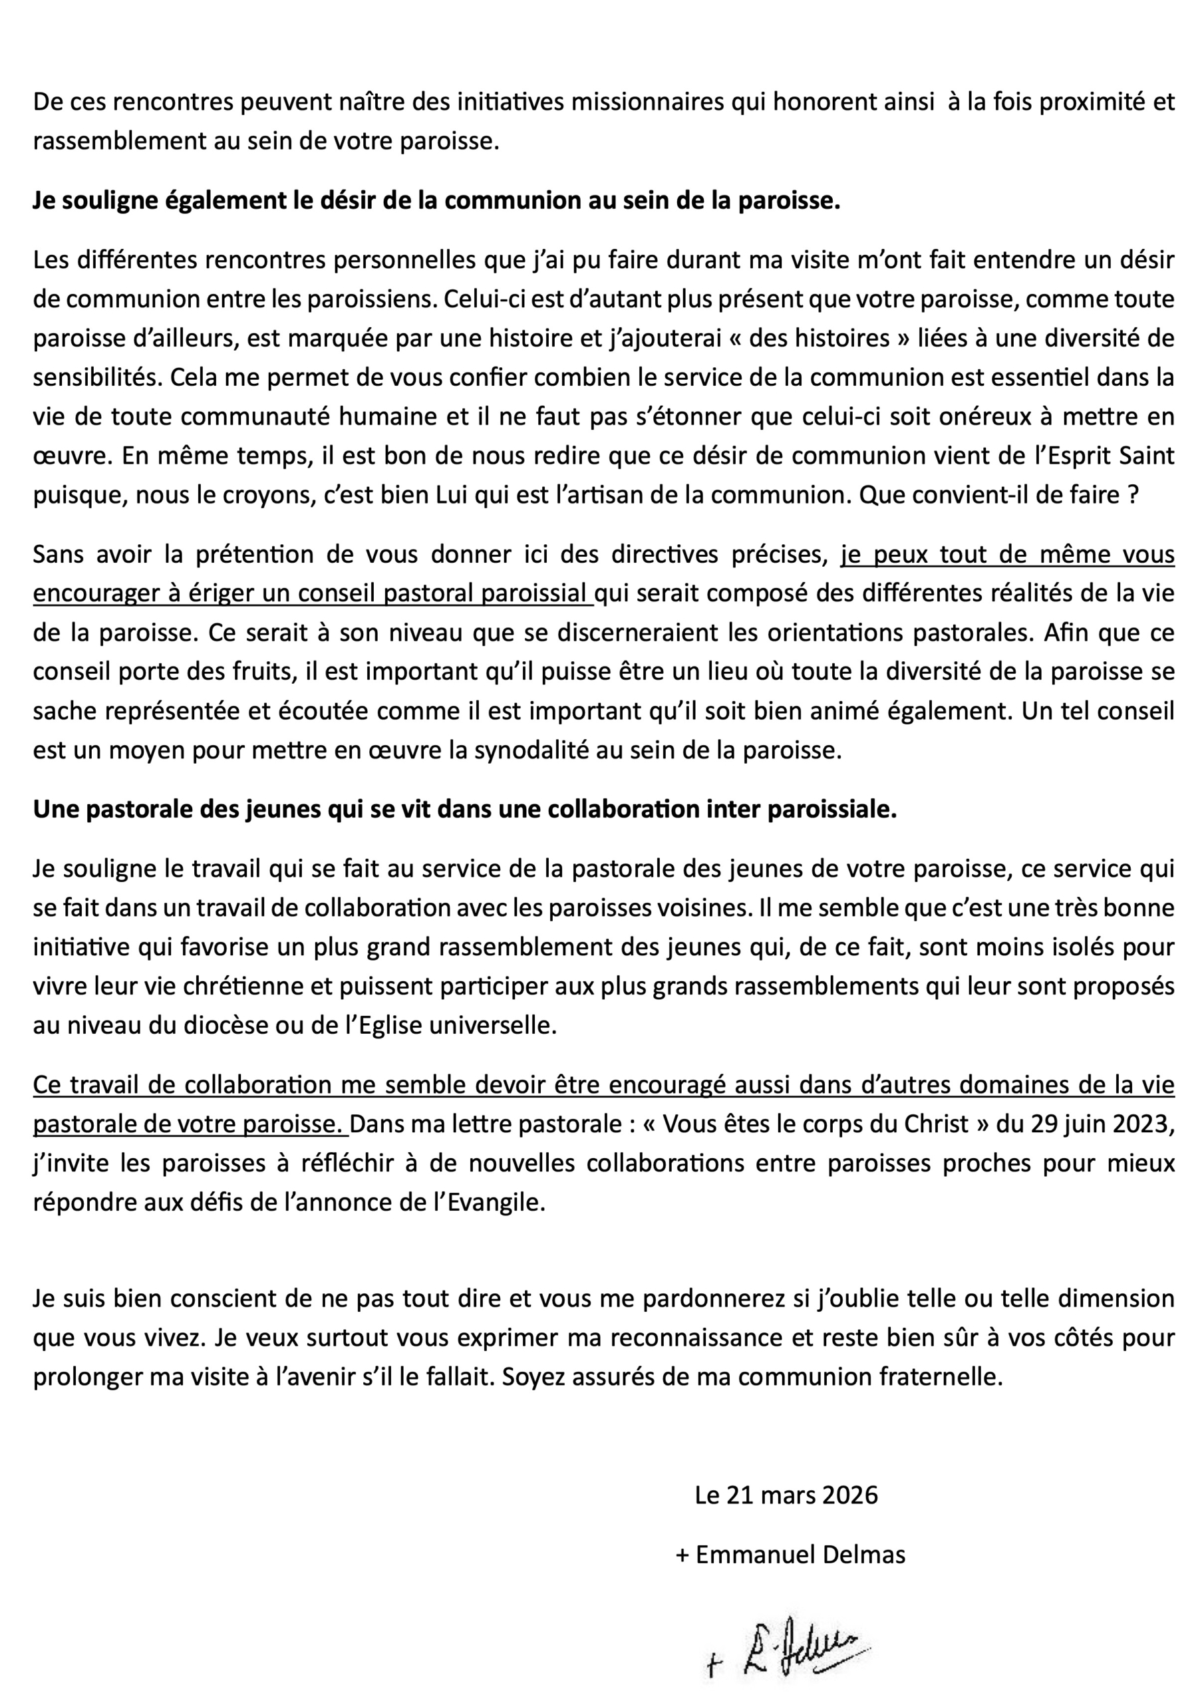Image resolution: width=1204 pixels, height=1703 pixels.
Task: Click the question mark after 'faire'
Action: coord(1132,494)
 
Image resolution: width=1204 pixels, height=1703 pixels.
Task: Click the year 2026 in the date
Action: coord(844,1495)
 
